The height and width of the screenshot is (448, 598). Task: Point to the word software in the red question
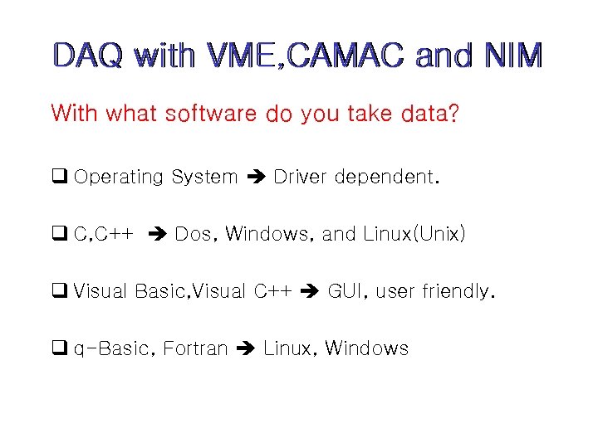pyautogui.click(x=210, y=114)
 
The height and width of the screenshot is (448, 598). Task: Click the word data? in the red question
pyautogui.click(x=429, y=114)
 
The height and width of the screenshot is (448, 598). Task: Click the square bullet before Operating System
pyautogui.click(x=59, y=177)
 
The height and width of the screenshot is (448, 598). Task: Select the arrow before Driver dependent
pyautogui.click(x=254, y=177)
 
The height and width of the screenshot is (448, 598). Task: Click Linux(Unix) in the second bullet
pyautogui.click(x=414, y=234)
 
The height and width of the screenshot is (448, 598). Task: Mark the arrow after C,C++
pyautogui.click(x=156, y=235)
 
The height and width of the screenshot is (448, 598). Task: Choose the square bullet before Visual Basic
pyautogui.click(x=59, y=291)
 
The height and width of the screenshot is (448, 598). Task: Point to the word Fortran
pyautogui.click(x=195, y=348)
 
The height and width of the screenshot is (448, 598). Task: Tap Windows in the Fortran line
pyautogui.click(x=366, y=348)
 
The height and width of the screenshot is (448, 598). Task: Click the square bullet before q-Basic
pyautogui.click(x=59, y=348)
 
